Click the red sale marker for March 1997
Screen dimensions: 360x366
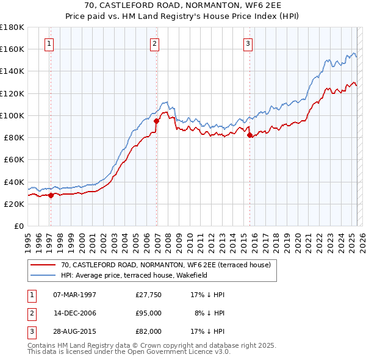pyautogui.click(x=51, y=195)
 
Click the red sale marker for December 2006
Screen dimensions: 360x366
pyautogui.click(x=156, y=121)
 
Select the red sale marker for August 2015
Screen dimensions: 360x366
pyautogui.click(x=250, y=135)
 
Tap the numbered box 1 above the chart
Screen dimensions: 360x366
pyautogui.click(x=49, y=43)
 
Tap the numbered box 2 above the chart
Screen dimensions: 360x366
pyautogui.click(x=155, y=43)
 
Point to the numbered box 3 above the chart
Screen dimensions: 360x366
pyautogui.click(x=248, y=43)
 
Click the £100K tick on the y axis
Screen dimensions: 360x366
pyautogui.click(x=12, y=115)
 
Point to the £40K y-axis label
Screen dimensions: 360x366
pyautogui.click(x=14, y=182)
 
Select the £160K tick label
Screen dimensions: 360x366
pyautogui.click(x=12, y=49)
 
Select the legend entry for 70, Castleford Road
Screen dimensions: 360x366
pyautogui.click(x=169, y=265)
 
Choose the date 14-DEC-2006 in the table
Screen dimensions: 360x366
pyautogui.click(x=74, y=313)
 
